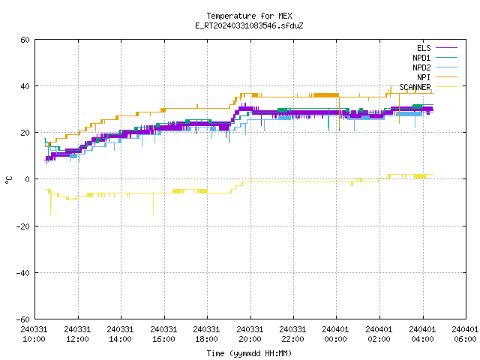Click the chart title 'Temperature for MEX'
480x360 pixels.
tap(249, 16)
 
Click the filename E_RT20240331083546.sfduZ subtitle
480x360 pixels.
tap(249, 25)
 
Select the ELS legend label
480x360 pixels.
tap(424, 48)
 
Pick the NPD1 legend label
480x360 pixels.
tap(421, 58)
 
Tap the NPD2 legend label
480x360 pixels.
tap(421, 67)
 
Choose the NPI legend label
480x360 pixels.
tap(424, 77)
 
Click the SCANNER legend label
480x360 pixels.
tap(415, 87)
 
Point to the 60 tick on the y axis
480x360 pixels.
tap(25, 40)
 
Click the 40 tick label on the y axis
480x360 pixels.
tap(25, 86)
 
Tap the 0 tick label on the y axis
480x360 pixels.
tap(28, 179)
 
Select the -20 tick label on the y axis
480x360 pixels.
tap(23, 226)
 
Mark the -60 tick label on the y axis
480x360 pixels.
tap(23, 319)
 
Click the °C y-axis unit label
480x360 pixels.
tap(8, 180)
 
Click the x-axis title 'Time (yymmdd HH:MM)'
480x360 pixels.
tap(249, 353)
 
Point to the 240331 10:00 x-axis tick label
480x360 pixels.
tap(34, 334)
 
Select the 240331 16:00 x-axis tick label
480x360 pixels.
tap(163, 334)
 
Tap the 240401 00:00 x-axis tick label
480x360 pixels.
tap(336, 334)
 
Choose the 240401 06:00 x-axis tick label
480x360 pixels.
tap(465, 334)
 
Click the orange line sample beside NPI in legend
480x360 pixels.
tap(447, 77)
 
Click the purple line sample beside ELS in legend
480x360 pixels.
tap(447, 48)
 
